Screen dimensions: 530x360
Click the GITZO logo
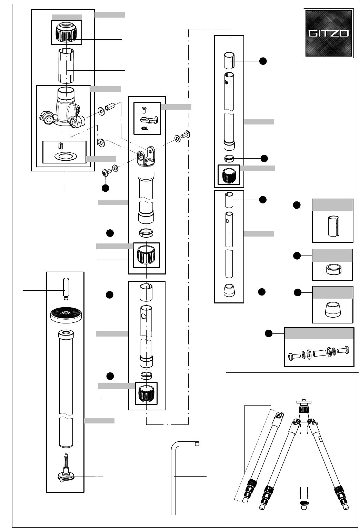328,33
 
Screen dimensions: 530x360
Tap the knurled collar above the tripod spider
67,32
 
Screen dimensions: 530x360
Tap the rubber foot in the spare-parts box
332,310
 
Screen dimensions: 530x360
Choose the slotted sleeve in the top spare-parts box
333,227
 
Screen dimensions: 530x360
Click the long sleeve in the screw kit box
319,353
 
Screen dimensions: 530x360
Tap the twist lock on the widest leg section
146,255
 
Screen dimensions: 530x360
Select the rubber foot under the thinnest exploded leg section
229,291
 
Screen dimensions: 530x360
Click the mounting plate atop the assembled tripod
303,402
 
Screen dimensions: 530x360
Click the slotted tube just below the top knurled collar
66,66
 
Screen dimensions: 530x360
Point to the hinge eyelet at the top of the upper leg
141,157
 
